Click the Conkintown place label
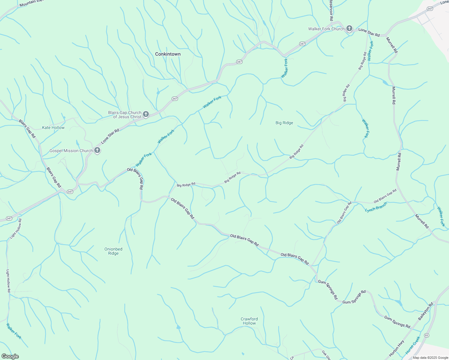coord(168,54)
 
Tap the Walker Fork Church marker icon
coord(349,29)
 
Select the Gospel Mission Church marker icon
coord(97,150)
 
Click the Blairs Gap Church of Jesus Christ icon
coord(146,114)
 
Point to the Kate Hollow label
coord(53,127)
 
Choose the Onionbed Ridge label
coord(113,251)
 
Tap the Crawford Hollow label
coord(249,321)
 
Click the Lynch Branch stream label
coord(376,207)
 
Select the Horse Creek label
coord(413,345)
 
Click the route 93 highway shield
coord(426,335)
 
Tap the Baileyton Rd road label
coord(426,312)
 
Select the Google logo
coord(10,356)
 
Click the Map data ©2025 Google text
coord(430,358)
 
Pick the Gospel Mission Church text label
coord(71,151)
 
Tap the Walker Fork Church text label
coord(326,29)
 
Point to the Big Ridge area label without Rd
coord(284,123)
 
